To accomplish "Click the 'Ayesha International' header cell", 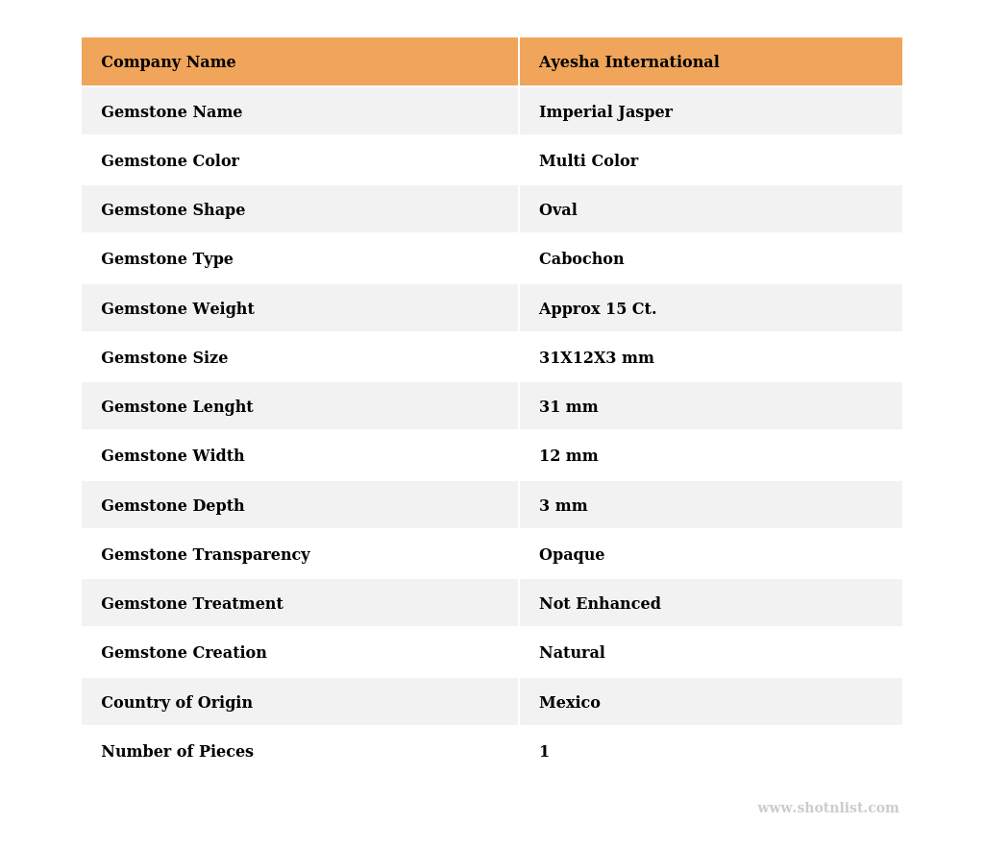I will (x=628, y=62).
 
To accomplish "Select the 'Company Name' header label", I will (x=168, y=62).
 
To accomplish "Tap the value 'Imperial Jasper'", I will (x=605, y=112).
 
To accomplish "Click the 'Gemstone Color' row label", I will (x=170, y=161).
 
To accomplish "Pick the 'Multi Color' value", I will (x=588, y=161).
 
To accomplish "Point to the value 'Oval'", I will (x=557, y=210).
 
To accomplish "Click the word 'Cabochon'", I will (x=581, y=259).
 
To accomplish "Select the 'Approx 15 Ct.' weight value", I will (x=598, y=309).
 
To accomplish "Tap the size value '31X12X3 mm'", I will (x=596, y=358).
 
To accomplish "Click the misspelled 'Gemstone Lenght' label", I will (x=177, y=407).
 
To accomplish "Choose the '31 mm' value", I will (x=568, y=407).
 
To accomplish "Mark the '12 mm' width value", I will (x=568, y=456).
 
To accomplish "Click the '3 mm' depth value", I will (x=563, y=506).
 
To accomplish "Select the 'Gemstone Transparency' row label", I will (x=206, y=555).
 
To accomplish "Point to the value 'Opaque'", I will (x=572, y=555).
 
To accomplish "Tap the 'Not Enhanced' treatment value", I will (x=600, y=604).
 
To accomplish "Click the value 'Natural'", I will (x=572, y=653).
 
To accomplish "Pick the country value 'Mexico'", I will (x=569, y=703).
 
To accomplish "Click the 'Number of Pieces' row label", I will (x=177, y=752).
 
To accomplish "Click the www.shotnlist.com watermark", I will (x=827, y=809).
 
